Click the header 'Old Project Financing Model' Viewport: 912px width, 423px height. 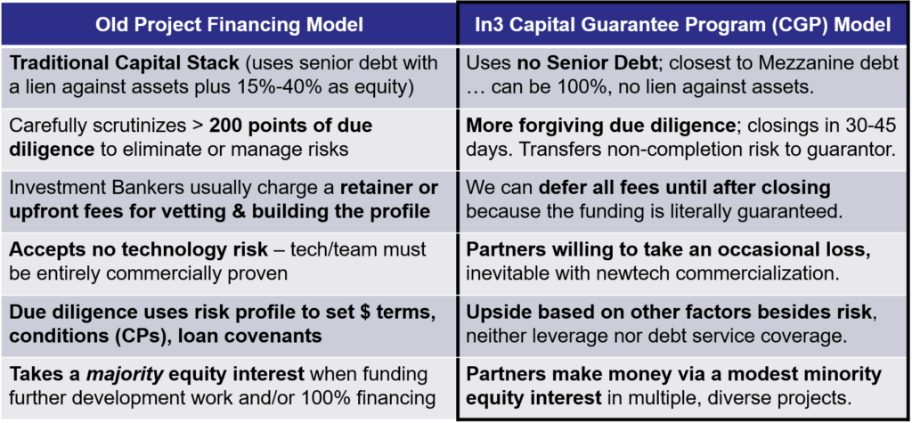click(x=229, y=24)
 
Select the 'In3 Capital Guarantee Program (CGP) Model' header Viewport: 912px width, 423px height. click(x=683, y=24)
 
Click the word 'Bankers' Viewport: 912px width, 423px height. click(x=140, y=189)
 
